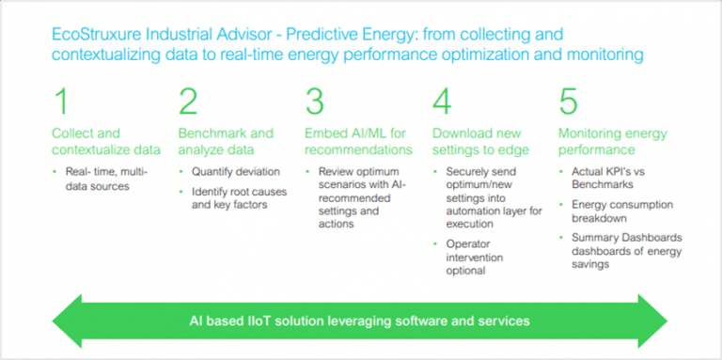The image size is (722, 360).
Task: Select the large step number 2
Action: point(189,102)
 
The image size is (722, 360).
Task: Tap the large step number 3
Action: point(316,102)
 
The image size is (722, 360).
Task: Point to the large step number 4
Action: point(443,102)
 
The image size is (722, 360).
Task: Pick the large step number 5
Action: point(568,102)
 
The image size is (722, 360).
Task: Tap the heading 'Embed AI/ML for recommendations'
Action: point(358,141)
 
